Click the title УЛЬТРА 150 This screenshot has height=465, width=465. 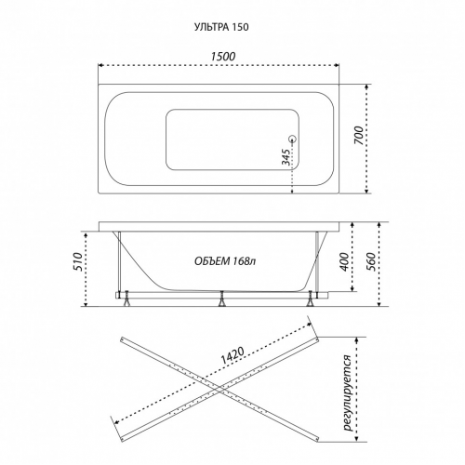coord(221,27)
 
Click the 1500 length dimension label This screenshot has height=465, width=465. coord(223,57)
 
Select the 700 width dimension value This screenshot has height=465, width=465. coord(358,135)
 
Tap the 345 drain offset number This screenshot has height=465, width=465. coord(286,157)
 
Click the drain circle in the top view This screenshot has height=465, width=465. coord(292,139)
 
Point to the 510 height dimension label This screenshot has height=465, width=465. coord(77,262)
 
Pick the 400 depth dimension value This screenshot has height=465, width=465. coord(344,262)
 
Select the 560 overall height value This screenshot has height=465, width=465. coord(371,262)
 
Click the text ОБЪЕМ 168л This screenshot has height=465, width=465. coord(225,261)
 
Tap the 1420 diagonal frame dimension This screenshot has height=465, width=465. coord(233,354)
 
